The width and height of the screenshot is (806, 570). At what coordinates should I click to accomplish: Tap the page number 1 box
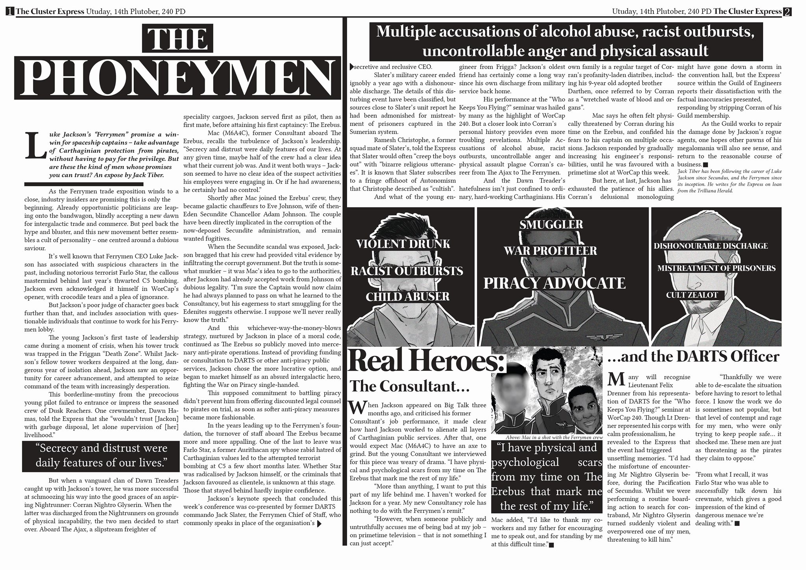tap(10, 11)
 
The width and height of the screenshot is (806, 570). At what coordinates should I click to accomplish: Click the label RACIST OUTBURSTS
tap(407, 271)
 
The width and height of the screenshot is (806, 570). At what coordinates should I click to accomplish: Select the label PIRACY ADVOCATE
tap(554, 283)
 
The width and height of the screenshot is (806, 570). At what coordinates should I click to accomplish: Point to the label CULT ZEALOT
tap(692, 295)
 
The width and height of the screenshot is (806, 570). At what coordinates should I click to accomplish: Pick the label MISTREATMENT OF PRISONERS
tap(716, 268)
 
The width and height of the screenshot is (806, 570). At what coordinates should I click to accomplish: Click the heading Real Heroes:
tap(426, 361)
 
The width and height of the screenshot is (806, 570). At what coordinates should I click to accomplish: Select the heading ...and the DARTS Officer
tap(693, 357)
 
